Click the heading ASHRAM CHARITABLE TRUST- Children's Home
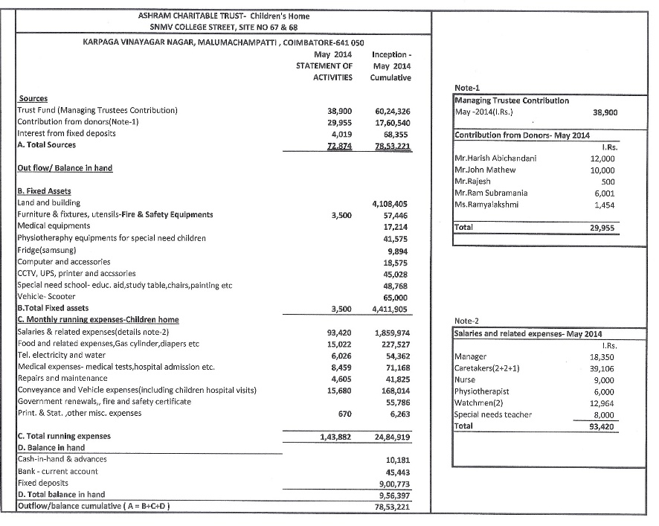coord(224,15)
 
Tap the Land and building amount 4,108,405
coord(390,202)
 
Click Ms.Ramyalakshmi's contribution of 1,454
coord(605,205)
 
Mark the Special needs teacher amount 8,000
coord(602,415)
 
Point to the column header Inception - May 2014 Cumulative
coord(390,66)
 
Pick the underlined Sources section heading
coord(33,99)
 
